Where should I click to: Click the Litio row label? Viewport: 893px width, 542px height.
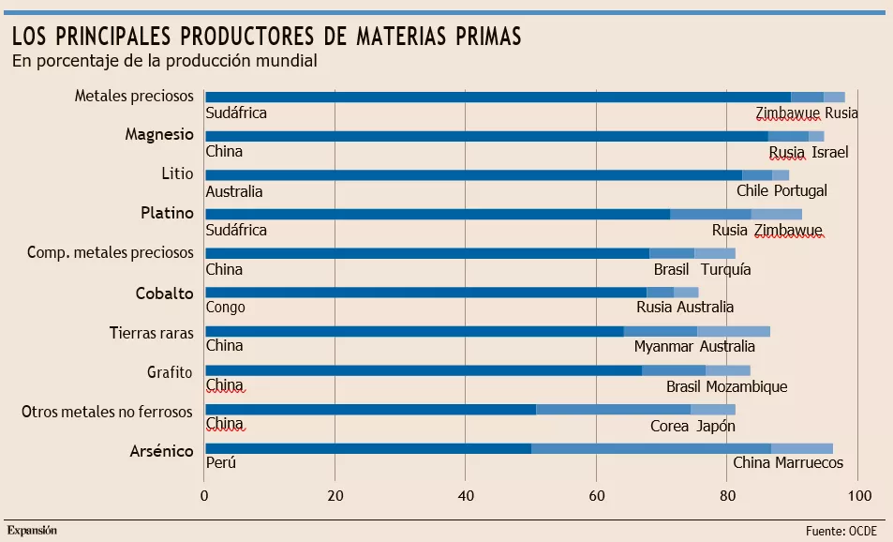[177, 173]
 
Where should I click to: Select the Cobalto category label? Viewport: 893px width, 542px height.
[164, 292]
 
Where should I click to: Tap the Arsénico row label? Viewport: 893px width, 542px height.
[160, 451]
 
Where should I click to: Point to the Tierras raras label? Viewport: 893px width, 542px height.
[151, 331]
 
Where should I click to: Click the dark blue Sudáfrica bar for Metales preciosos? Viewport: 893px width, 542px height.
[497, 97]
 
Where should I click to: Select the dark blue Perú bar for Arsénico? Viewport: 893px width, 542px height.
[367, 448]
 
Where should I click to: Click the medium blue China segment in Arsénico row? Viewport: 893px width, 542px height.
[650, 448]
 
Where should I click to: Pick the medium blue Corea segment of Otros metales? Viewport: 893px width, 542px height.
[613, 409]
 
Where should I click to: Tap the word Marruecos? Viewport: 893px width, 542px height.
[809, 463]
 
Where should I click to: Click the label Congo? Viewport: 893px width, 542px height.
[225, 308]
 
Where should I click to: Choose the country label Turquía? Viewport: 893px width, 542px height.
[725, 269]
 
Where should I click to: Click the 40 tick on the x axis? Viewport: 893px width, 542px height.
[466, 495]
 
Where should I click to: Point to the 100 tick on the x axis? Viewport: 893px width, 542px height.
[858, 495]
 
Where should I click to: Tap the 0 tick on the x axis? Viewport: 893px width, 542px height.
[204, 495]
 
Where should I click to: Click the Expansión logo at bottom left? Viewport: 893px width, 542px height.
[32, 530]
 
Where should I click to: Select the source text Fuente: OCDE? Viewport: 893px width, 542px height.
[841, 531]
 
